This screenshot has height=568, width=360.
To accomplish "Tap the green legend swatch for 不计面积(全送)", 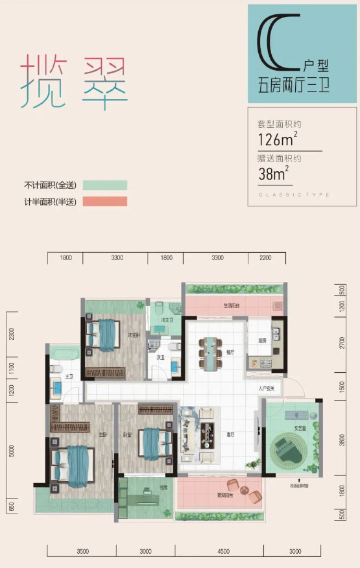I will [104, 186].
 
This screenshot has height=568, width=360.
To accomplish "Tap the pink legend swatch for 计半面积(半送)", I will [104, 202].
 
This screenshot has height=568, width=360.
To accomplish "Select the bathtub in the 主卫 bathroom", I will [63, 354].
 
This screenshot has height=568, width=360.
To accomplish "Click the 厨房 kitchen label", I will [262, 340].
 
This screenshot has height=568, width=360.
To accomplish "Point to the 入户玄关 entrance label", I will [267, 389].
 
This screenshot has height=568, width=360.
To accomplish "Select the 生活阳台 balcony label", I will [232, 305].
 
